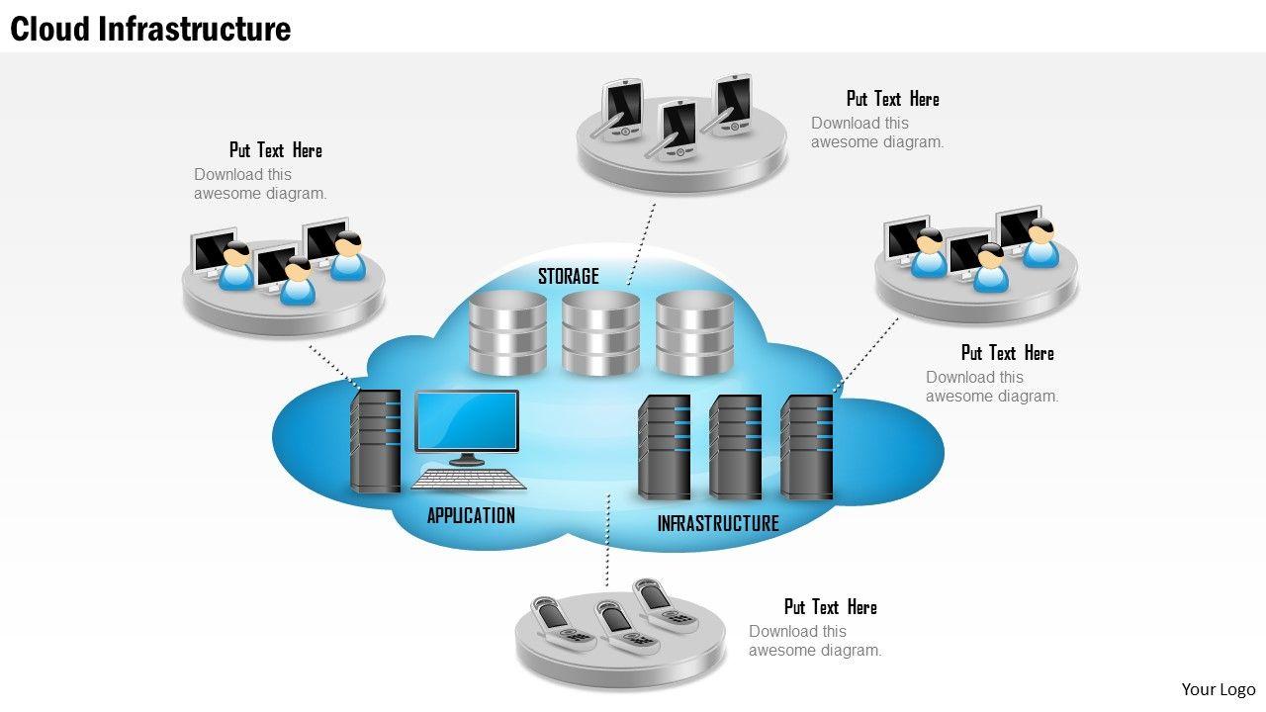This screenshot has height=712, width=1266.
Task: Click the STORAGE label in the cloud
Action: (568, 276)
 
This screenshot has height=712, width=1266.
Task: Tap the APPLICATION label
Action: (471, 515)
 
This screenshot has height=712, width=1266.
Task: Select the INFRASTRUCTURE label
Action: (718, 523)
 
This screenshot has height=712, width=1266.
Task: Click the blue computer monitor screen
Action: (467, 421)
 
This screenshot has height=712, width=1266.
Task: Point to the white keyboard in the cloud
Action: (469, 480)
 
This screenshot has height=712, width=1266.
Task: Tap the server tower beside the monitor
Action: (376, 441)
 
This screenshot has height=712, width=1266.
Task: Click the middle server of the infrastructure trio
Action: (736, 446)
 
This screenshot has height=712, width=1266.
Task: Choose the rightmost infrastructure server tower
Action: (807, 446)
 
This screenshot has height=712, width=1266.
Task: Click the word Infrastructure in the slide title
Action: (194, 29)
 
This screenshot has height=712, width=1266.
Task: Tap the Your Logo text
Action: (1218, 689)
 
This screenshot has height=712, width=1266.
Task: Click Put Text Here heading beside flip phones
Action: (831, 607)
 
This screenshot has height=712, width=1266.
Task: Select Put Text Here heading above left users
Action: (276, 150)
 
